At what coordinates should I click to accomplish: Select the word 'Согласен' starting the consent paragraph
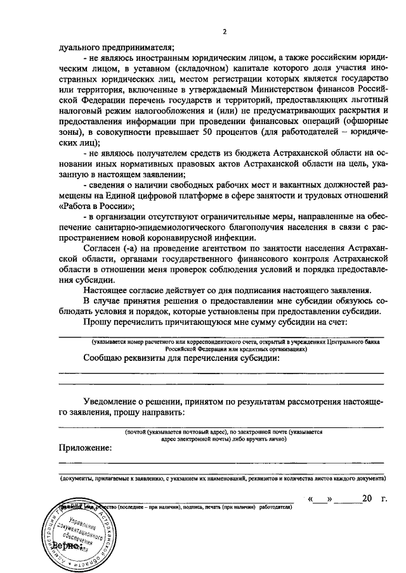pyautogui.click(x=105, y=248)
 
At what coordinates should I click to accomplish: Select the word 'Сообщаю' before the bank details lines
pyautogui.click(x=104, y=358)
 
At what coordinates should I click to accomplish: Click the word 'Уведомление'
pyautogui.click(x=115, y=401)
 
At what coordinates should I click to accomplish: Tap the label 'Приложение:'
pyautogui.click(x=86, y=448)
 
